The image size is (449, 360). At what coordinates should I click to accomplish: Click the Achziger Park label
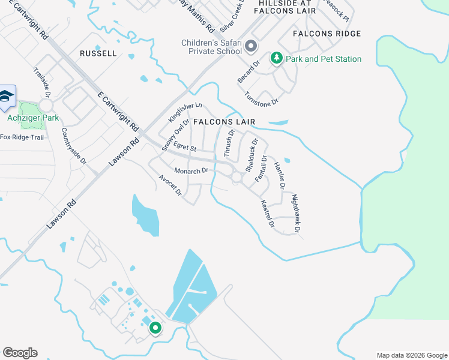pos(33,118)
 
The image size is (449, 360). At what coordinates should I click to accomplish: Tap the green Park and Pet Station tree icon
pos(277,58)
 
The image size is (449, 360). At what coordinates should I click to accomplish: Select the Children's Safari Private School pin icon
pos(251,46)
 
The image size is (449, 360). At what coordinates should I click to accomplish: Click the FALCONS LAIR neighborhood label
pos(224,122)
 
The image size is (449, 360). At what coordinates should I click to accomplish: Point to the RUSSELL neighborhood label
pos(98,53)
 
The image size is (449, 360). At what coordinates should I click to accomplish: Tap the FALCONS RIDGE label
pos(327,34)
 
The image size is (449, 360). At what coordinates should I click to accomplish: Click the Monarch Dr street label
pos(191,171)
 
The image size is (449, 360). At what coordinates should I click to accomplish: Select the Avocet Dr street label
pos(170,185)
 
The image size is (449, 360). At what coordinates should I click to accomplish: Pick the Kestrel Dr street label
pos(267,214)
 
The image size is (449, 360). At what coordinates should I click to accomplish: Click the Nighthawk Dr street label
pos(295,213)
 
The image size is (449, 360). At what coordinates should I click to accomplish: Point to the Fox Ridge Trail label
pos(22,137)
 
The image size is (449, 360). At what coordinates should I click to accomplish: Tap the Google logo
pos(20,353)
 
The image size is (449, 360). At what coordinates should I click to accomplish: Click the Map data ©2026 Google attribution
pos(412,355)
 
